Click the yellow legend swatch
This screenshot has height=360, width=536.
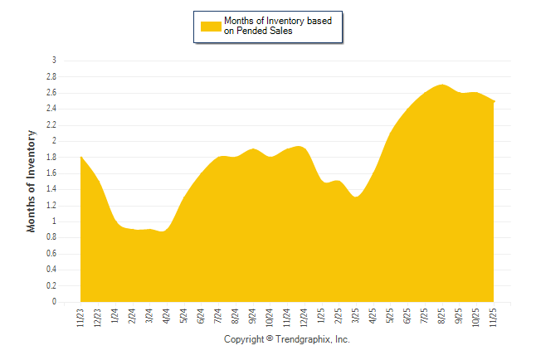click(x=211, y=26)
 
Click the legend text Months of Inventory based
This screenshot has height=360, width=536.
click(x=278, y=20)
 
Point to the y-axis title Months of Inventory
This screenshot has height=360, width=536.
click(x=32, y=180)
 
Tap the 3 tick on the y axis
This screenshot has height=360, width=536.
click(x=54, y=61)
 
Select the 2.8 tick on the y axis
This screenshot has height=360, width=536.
click(x=51, y=76)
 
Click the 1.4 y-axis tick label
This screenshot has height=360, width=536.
click(x=51, y=189)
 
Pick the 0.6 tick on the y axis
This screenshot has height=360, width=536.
click(x=51, y=254)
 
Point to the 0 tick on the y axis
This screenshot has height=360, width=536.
click(x=54, y=302)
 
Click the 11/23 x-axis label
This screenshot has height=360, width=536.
click(x=80, y=318)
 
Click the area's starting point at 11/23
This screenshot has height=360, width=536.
click(x=80, y=157)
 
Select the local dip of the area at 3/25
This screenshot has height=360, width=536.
click(x=356, y=197)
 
